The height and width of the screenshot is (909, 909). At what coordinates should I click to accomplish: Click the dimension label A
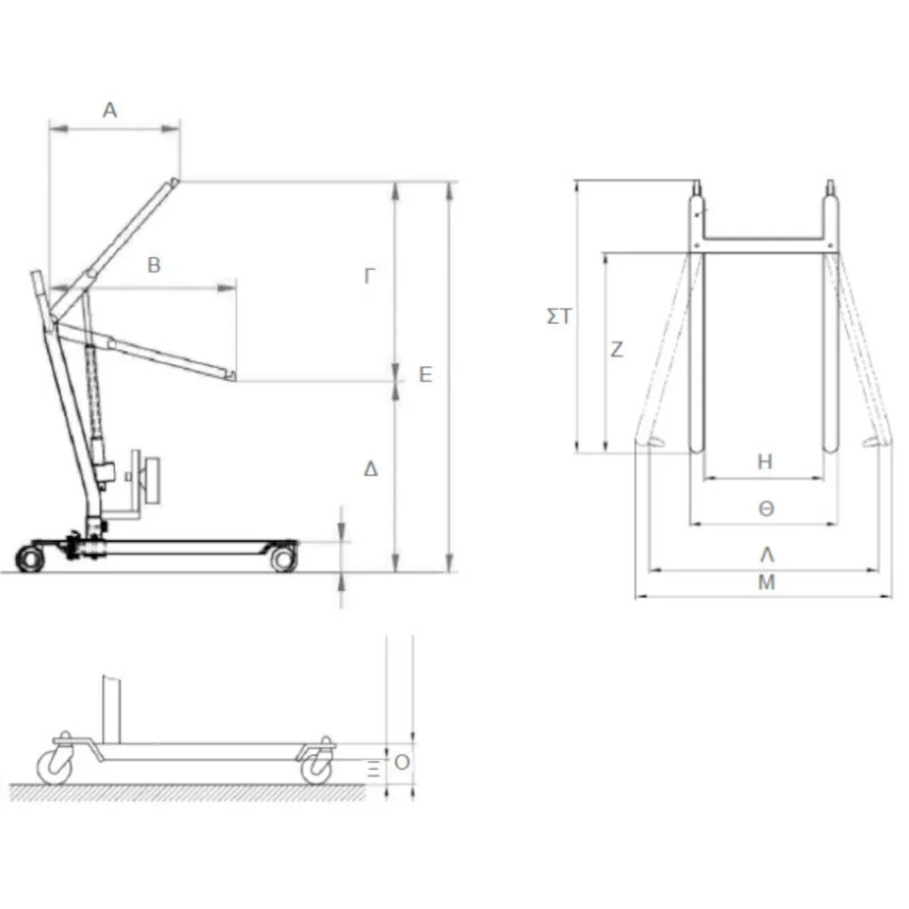(x=110, y=111)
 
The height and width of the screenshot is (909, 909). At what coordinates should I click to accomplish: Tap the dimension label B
(x=155, y=266)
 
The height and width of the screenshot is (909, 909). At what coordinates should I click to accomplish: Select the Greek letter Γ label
(x=370, y=276)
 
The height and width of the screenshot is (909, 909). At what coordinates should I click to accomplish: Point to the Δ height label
(x=370, y=470)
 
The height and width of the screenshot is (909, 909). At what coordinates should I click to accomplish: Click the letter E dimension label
(x=426, y=375)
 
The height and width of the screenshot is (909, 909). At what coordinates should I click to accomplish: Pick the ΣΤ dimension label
(x=559, y=317)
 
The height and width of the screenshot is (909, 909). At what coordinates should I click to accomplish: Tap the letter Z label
(x=617, y=349)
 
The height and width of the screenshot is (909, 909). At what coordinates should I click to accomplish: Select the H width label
(x=765, y=462)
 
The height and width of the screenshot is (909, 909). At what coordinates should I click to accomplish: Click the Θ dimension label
(x=766, y=509)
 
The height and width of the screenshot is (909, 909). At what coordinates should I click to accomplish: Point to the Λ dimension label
(x=767, y=556)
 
